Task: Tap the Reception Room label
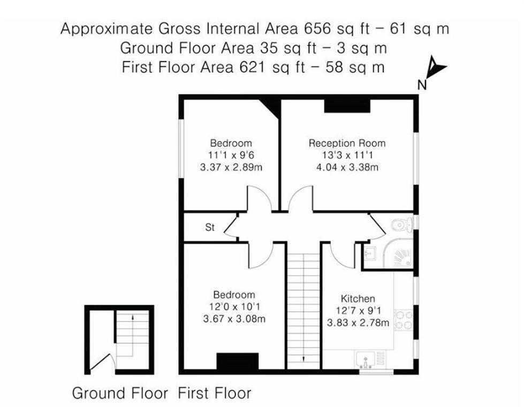click(347, 144)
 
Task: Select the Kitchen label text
click(358, 299)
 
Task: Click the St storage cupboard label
click(210, 228)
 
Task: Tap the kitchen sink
click(366, 359)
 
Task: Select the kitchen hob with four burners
click(403, 318)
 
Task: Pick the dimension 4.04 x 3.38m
click(347, 167)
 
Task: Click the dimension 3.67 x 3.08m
click(234, 319)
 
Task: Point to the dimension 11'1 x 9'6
click(231, 155)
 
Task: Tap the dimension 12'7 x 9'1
click(358, 311)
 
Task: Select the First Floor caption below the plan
click(215, 394)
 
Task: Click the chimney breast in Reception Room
click(347, 106)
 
